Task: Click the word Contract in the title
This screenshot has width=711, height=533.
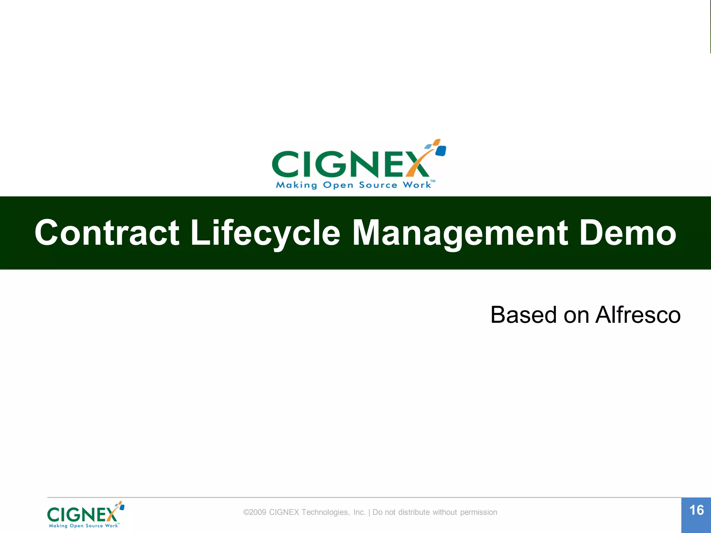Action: point(107,233)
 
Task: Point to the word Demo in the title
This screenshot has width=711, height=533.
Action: point(628,233)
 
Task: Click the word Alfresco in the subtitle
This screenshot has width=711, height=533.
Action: point(638,315)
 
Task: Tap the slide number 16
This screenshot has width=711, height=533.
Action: point(696,510)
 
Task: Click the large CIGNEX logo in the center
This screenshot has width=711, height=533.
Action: point(358,164)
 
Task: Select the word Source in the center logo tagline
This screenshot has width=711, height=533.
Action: point(378,185)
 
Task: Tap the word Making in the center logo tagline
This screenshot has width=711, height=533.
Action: point(296,185)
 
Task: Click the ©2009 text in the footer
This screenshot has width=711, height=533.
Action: point(255,512)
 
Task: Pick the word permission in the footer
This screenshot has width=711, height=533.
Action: point(478,512)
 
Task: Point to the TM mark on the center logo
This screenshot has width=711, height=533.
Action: point(433,181)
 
